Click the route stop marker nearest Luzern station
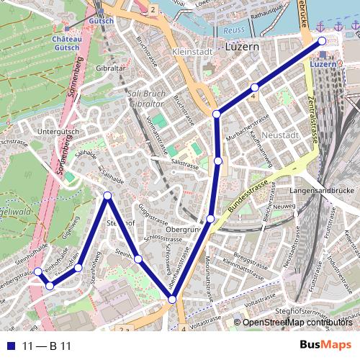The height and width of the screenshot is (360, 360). tap(322, 42)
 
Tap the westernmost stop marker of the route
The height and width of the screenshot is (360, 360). tap(37, 271)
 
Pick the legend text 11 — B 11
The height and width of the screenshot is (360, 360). tap(47, 346)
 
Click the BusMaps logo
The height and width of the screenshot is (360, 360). tap(325, 346)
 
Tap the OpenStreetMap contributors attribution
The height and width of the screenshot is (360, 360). tap(296, 323)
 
